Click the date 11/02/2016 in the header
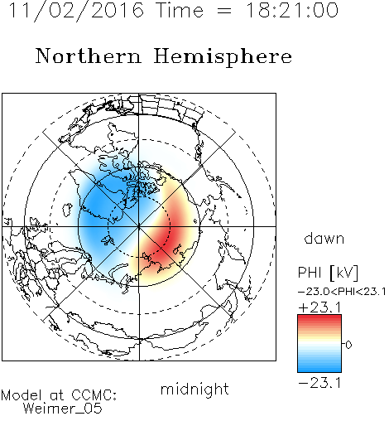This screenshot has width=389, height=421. [76, 11]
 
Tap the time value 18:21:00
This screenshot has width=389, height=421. [292, 10]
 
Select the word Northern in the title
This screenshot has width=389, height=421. [89, 56]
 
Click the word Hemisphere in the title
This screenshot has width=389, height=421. [223, 57]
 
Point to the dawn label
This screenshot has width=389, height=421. [324, 238]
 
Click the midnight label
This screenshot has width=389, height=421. [194, 390]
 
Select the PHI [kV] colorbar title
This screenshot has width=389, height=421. [328, 273]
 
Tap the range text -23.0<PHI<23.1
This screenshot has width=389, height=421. [342, 292]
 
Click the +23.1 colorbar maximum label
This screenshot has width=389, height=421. [319, 307]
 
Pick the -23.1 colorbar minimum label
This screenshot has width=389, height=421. [319, 383]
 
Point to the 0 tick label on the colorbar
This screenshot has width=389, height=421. [348, 345]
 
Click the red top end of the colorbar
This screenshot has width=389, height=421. [319, 317]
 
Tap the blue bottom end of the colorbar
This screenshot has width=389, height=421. [319, 370]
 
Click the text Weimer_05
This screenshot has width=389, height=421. [63, 409]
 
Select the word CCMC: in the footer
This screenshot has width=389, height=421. [94, 395]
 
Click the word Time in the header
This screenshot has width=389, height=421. [180, 10]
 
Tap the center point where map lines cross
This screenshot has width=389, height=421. [139, 226]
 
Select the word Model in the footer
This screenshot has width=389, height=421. [22, 395]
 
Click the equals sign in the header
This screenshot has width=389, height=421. [224, 11]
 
